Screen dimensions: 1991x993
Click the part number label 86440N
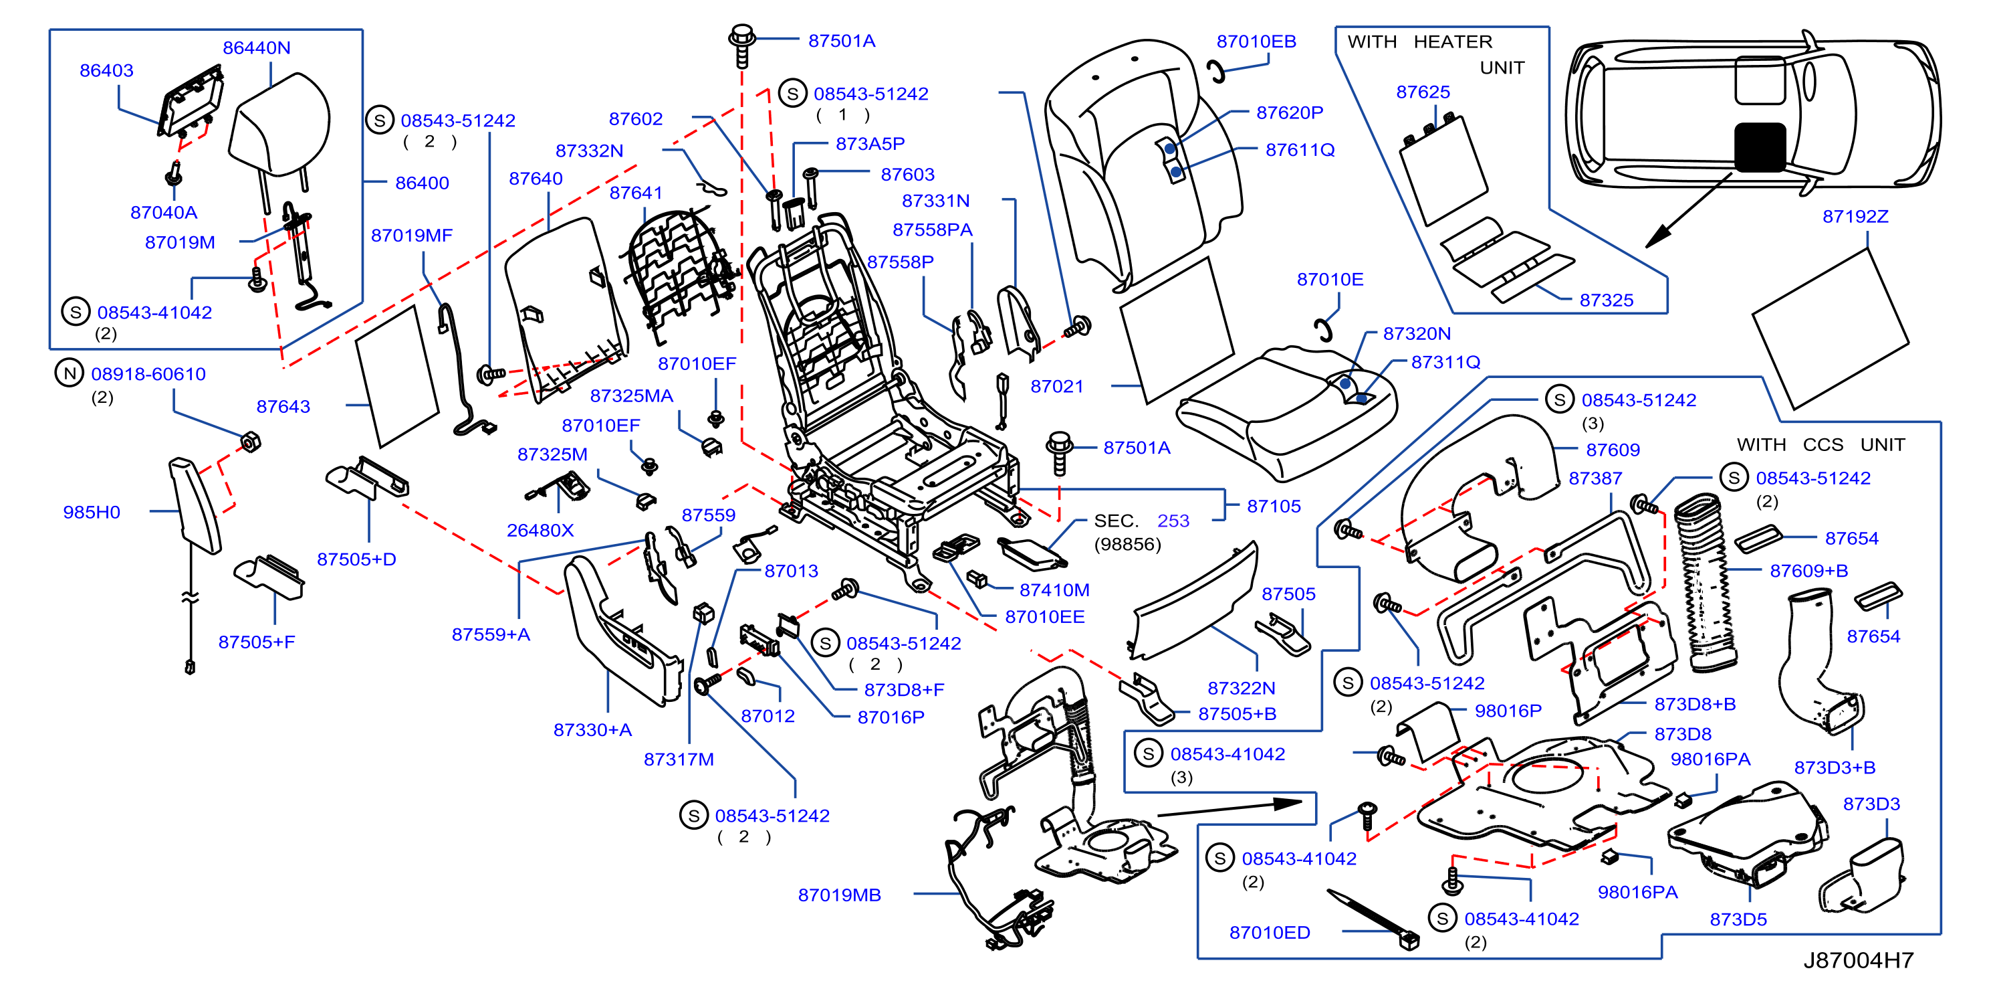tap(257, 48)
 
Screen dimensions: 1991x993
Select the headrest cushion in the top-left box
tap(279, 124)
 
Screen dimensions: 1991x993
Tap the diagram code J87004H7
tap(1858, 960)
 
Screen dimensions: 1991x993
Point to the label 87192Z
tap(1855, 217)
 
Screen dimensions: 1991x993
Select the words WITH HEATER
tap(1419, 41)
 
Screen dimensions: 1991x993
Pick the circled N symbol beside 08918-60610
tap(70, 373)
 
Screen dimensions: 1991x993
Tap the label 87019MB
tap(839, 895)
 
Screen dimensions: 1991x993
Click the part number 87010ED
tap(1270, 933)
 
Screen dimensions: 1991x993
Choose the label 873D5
tap(1738, 919)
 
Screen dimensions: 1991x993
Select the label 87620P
tap(1289, 113)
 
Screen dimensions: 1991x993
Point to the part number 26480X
tap(540, 531)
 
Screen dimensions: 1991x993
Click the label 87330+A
tap(592, 730)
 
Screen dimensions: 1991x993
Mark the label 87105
tap(1274, 507)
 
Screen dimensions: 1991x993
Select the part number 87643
tap(283, 407)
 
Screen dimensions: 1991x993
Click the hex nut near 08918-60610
tap(251, 442)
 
